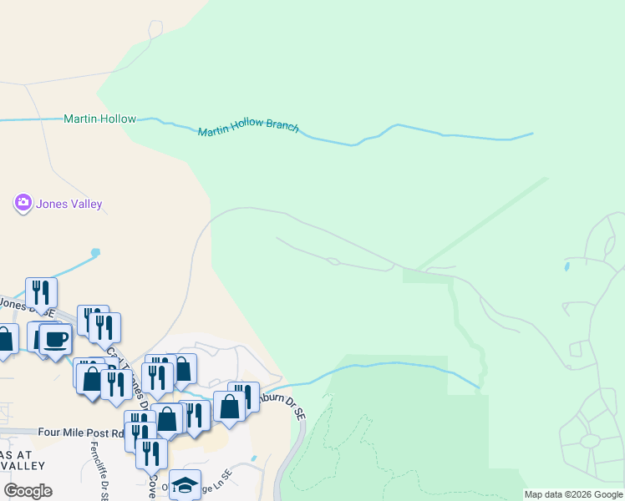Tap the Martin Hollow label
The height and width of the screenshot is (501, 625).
99,119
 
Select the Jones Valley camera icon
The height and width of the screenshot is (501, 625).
23,203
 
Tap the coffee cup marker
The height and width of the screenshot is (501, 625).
55,340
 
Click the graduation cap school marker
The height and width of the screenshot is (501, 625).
185,484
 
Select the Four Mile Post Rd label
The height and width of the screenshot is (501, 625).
81,433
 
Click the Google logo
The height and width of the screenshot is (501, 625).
28,491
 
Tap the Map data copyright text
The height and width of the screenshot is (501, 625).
573,494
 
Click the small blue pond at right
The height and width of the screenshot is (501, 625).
567,267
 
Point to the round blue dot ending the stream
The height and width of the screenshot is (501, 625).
95,252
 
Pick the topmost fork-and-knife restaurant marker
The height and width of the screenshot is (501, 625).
41,292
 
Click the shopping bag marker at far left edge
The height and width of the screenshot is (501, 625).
4,339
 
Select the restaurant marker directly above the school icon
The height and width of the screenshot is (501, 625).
151,453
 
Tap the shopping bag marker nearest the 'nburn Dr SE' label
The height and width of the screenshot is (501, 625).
228,407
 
